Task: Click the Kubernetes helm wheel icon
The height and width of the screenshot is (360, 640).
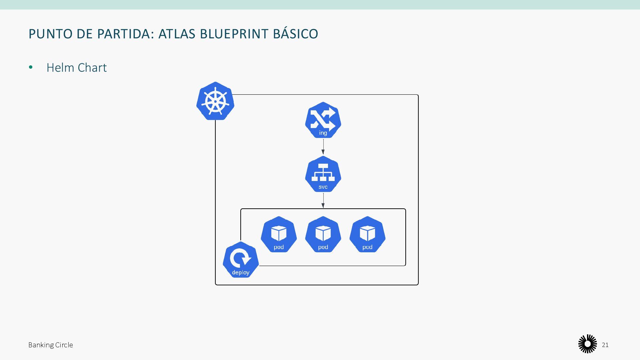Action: tap(215, 101)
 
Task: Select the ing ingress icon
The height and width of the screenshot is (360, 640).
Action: tap(323, 120)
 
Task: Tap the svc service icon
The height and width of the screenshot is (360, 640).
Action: tap(323, 174)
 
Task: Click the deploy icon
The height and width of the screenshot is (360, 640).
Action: tap(241, 260)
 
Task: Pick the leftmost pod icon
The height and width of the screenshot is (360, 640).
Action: tap(279, 234)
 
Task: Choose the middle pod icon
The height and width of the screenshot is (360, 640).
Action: tap(323, 234)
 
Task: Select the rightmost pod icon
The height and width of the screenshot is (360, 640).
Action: tap(367, 234)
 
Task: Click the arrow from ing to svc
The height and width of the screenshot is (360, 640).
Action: tap(323, 147)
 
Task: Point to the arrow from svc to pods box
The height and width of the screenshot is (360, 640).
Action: tap(323, 201)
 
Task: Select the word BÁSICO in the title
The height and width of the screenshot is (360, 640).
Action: tap(295, 34)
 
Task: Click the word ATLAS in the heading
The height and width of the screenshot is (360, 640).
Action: tap(177, 34)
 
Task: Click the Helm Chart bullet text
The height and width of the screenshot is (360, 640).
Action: tap(77, 68)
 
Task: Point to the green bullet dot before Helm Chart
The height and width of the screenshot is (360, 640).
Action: tap(31, 68)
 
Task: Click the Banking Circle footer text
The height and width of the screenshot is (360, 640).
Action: tap(51, 345)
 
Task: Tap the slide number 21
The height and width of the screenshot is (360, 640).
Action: tap(605, 345)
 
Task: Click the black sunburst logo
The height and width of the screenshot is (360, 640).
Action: tap(587, 344)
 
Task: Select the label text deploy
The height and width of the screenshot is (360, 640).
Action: tap(241, 272)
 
